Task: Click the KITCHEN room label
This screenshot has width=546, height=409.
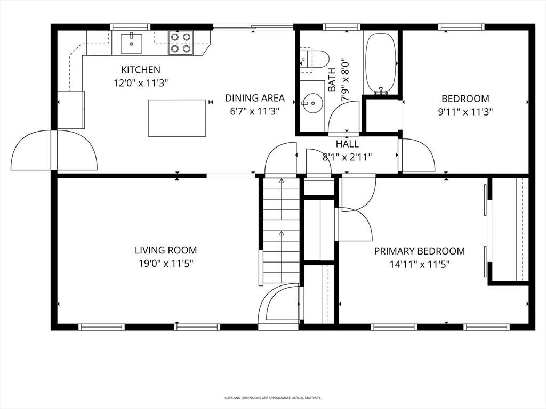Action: [141, 70]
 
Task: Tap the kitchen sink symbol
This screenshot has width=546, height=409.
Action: [131, 44]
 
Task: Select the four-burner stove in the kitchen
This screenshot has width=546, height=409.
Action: [181, 43]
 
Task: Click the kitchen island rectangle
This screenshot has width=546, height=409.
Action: [177, 118]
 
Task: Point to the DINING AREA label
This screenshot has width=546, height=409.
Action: [255, 98]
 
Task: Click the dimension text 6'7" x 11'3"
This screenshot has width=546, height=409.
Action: [255, 111]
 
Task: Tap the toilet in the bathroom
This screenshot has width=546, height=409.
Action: [315, 60]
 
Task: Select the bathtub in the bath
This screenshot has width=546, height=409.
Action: [380, 63]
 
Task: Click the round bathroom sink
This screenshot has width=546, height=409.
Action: [312, 103]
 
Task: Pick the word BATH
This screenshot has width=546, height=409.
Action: [332, 80]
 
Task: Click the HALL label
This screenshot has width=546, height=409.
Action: [347, 144]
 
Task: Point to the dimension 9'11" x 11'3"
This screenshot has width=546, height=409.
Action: [465, 112]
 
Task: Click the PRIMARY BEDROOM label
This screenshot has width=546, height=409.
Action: [420, 251]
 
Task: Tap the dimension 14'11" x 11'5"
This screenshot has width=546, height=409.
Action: [420, 265]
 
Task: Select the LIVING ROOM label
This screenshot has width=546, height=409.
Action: [166, 250]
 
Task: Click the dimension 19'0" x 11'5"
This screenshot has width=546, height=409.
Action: [166, 264]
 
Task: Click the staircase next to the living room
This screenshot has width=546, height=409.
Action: [281, 230]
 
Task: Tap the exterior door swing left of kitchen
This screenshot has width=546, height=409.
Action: [54, 151]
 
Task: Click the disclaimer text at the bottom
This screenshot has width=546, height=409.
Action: [272, 398]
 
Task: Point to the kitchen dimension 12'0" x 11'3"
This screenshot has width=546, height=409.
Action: [141, 84]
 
